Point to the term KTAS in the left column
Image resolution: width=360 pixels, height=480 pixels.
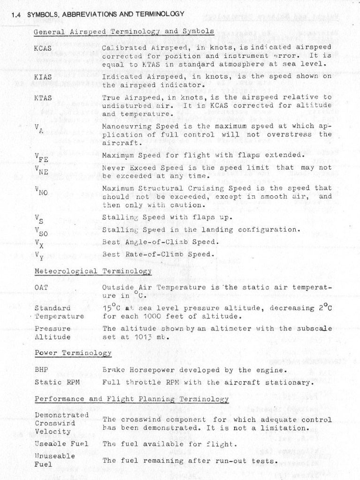pyautogui.click(x=43, y=98)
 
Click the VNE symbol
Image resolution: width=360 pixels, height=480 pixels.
pyautogui.click(x=41, y=170)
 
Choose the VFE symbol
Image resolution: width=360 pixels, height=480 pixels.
pyautogui.click(x=41, y=157)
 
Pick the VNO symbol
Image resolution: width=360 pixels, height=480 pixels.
pyautogui.click(x=41, y=190)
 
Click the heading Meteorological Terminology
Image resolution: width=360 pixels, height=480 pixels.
pyautogui.click(x=93, y=271)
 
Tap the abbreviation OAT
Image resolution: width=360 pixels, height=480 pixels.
pyautogui.click(x=41, y=287)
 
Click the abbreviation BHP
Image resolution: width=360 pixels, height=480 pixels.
pyautogui.click(x=41, y=370)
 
